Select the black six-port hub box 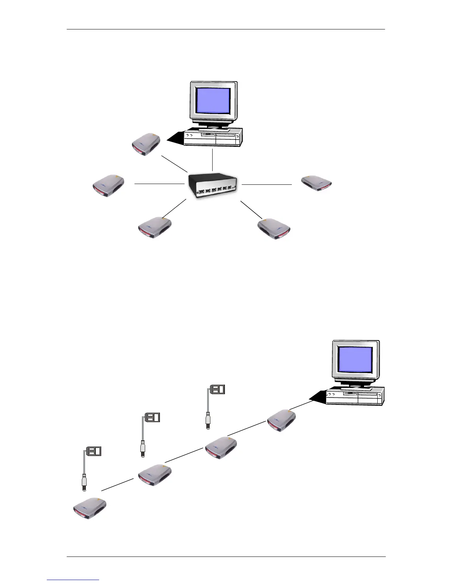[213, 185]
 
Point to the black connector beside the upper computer [175, 138]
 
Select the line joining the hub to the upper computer [213, 160]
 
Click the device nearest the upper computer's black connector [146, 144]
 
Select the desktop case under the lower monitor [355, 396]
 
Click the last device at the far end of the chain [90, 509]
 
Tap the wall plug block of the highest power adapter [217, 389]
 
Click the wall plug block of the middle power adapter [153, 418]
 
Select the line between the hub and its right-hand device [266, 184]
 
